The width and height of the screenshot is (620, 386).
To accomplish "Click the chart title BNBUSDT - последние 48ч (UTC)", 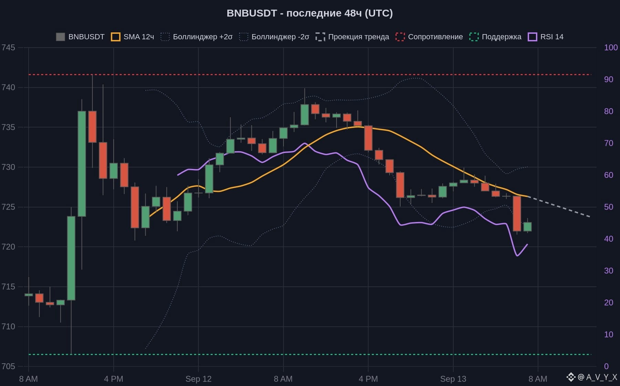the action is point(310,13).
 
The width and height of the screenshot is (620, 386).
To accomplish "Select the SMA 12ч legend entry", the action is point(133,37).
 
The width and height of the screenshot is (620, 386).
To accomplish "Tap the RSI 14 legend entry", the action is point(546,37).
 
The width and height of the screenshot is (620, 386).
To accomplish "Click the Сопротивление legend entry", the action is point(429,37).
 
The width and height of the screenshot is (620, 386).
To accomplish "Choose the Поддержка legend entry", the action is point(495,37).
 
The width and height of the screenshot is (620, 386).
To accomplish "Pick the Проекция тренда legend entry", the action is point(352,37).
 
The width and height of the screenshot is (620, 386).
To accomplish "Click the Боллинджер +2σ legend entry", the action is point(197,37).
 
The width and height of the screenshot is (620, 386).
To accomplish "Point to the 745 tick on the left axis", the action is point(8,48).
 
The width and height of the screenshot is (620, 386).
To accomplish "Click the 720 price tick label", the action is point(8,247).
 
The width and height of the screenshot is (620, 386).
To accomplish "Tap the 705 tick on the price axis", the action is point(8,366).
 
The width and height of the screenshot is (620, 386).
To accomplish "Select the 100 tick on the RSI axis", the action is point(611,48).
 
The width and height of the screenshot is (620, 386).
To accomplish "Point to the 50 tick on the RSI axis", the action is point(609,207).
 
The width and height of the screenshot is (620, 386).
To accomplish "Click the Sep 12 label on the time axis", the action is point(198,379).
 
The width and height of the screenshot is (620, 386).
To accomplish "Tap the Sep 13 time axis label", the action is point(453,379).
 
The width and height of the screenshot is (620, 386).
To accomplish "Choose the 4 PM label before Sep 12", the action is point(114,379).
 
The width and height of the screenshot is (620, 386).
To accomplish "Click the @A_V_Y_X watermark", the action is point(592,377).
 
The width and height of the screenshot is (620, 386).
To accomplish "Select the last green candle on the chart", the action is point(527,227).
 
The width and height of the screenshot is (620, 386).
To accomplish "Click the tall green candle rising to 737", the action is point(82,164).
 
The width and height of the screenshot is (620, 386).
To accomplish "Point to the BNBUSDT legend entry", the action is point(80,37).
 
